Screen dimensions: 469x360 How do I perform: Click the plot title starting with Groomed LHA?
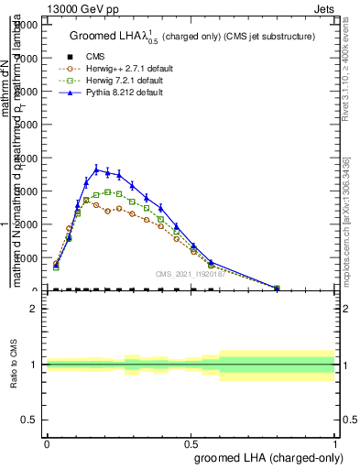pyautogui.click(x=192, y=36)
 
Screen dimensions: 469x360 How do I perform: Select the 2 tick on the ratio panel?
pyautogui.click(x=33, y=309)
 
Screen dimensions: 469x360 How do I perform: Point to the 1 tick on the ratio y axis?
pyautogui.click(x=33, y=365)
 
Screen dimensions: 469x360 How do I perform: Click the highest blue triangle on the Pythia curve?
pyautogui.click(x=97, y=169)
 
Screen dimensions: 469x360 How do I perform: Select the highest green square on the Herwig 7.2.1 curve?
pyautogui.click(x=108, y=192)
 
